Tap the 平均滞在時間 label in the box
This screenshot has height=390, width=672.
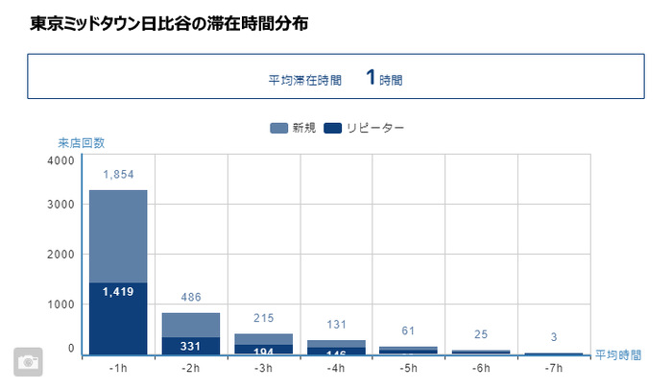click(x=304, y=81)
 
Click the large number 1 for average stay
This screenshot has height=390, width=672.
click(x=370, y=78)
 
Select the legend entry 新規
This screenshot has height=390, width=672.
click(x=294, y=128)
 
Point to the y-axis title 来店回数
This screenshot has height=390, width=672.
click(x=81, y=143)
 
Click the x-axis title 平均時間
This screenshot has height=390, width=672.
click(x=617, y=355)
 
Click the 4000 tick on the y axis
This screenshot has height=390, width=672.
click(x=60, y=161)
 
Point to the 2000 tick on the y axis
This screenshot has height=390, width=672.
click(x=60, y=255)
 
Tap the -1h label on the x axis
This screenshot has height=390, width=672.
click(x=118, y=368)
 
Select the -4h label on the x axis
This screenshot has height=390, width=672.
click(x=336, y=368)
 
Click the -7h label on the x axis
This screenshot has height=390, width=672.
click(x=554, y=368)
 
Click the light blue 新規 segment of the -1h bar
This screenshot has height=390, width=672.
click(x=118, y=236)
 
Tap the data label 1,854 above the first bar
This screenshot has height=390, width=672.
click(x=118, y=175)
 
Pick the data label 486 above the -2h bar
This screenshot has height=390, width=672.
click(x=191, y=298)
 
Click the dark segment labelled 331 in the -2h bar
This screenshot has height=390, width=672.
click(x=191, y=346)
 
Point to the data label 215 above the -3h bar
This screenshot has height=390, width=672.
click(x=263, y=318)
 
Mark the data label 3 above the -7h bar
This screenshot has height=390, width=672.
click(x=554, y=337)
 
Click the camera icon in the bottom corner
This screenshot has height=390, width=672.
click(x=29, y=361)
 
